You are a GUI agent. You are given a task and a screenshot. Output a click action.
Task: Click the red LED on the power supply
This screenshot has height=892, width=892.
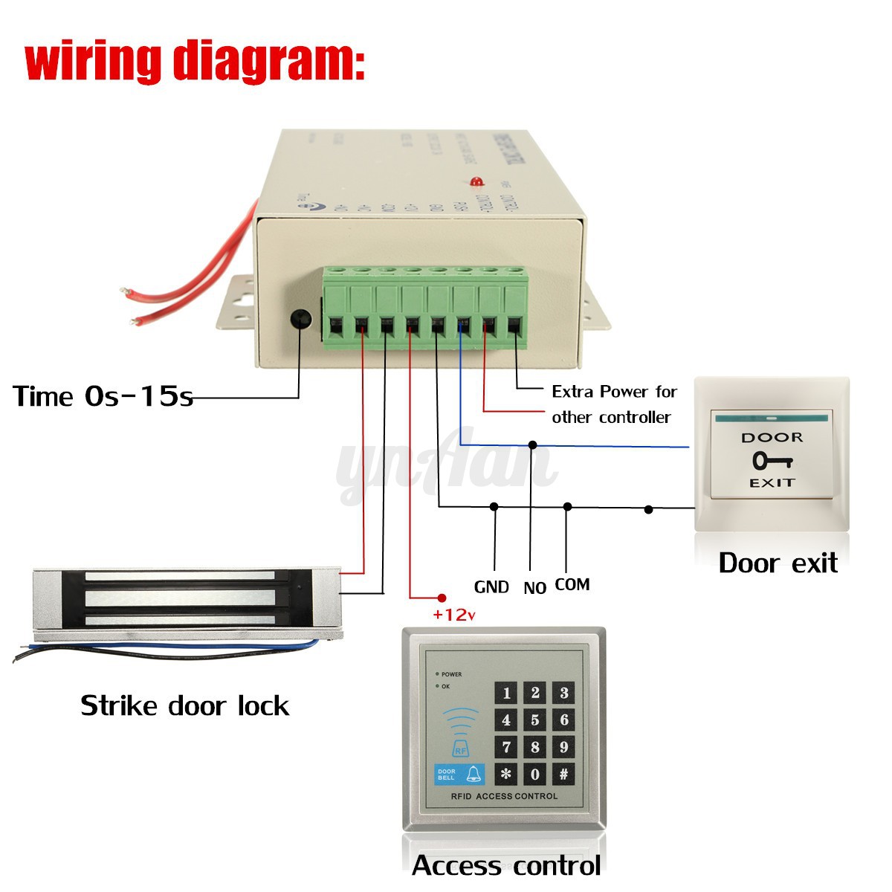click(x=476, y=181)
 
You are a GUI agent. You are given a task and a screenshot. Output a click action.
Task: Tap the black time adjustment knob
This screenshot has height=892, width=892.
click(x=300, y=319)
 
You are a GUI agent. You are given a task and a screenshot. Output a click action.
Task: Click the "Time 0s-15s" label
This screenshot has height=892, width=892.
click(x=103, y=396)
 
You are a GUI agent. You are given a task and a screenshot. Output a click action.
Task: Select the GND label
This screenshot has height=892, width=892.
click(x=491, y=587)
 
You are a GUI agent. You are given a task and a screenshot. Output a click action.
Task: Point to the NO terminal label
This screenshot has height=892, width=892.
click(x=534, y=588)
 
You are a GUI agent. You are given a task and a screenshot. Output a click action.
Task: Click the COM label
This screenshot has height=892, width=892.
click(x=572, y=585)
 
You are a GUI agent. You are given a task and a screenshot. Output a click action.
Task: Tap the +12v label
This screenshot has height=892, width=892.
click(x=454, y=615)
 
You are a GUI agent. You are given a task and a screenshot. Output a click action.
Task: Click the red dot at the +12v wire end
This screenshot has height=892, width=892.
click(x=442, y=598)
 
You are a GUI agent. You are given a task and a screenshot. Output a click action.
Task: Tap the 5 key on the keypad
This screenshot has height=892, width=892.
click(x=534, y=720)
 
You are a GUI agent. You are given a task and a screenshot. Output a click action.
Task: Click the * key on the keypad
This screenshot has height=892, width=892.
click(x=506, y=774)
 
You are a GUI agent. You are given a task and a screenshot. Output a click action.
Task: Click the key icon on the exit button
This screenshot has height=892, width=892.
click(x=772, y=461)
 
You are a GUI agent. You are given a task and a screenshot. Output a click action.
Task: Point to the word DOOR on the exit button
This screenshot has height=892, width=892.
click(x=772, y=438)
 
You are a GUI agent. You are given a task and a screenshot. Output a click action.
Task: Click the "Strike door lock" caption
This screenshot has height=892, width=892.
click(x=184, y=705)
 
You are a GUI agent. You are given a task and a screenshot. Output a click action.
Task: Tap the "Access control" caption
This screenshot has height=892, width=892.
click(x=506, y=866)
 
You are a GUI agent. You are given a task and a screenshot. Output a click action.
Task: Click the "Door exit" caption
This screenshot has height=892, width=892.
click(x=778, y=563)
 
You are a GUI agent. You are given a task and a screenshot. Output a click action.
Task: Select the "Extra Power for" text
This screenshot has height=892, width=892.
click(x=614, y=392)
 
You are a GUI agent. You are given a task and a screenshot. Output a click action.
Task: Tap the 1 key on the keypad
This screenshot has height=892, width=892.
click(x=506, y=694)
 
